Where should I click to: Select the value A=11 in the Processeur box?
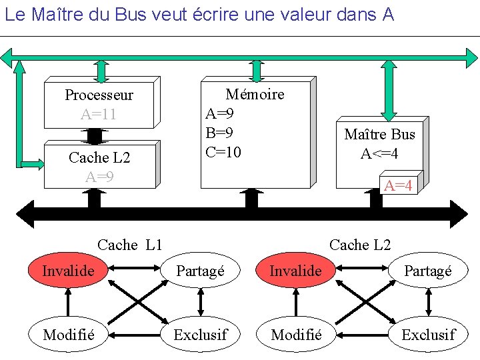click(99, 114)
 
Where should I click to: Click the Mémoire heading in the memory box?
click(255, 95)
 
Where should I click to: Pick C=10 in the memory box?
click(223, 152)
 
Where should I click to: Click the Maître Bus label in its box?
click(379, 134)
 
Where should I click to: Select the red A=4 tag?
click(398, 185)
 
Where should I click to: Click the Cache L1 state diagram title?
click(130, 245)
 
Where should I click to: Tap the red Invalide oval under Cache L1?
click(68, 271)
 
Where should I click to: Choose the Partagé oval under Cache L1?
click(200, 271)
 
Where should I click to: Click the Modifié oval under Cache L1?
click(67, 334)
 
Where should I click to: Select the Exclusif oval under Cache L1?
click(200, 334)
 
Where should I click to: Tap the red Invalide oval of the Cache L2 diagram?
click(295, 271)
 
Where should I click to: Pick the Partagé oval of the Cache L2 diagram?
click(427, 271)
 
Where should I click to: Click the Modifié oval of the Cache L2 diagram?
click(296, 334)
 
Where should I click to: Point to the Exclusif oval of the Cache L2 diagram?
click(428, 334)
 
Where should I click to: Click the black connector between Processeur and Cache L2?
click(95, 135)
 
